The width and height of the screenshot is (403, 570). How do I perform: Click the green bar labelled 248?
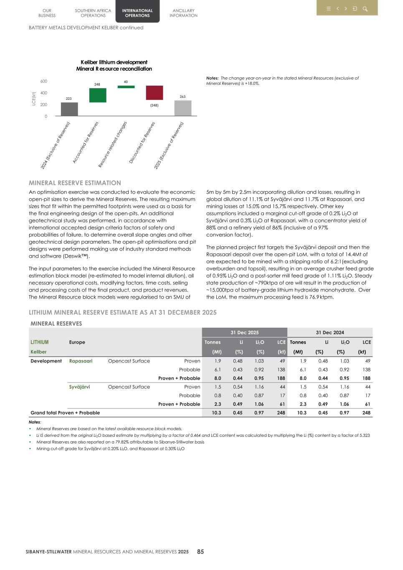point(98,95)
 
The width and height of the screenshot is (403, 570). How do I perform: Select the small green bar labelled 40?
point(126,87)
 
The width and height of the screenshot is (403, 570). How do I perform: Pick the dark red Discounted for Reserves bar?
point(154,93)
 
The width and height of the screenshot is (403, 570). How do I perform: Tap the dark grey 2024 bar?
point(69,109)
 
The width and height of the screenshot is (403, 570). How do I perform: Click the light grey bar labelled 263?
point(182,108)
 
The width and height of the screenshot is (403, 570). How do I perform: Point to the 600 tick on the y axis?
point(44,81)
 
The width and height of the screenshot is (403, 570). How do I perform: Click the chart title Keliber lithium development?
point(114,62)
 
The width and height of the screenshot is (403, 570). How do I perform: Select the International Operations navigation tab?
point(137,13)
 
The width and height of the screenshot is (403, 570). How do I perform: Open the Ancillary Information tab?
point(183,13)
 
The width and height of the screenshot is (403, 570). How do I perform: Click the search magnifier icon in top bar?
point(365,9)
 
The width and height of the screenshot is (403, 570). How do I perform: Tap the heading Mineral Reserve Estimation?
point(75,183)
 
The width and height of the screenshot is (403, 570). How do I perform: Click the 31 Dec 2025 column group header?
point(244,332)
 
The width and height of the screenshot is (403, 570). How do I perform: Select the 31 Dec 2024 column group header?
point(330,332)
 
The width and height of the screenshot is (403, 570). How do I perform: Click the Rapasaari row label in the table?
point(81,361)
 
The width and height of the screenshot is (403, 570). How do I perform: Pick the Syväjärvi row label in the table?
point(79,387)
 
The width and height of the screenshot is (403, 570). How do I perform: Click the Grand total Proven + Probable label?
point(65,413)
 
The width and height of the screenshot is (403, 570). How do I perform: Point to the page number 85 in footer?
point(200,552)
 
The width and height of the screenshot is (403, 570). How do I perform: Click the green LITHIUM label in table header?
point(40,342)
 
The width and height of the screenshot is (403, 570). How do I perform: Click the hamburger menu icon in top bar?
point(329,9)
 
